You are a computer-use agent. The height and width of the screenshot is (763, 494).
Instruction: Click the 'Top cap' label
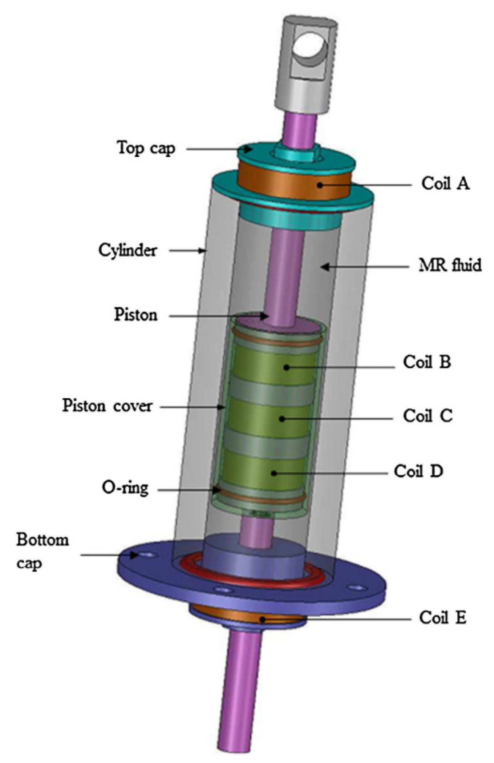(146, 148)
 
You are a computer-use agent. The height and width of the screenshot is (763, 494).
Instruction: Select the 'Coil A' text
(445, 183)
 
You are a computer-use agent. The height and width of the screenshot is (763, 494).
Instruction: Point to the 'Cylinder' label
(128, 250)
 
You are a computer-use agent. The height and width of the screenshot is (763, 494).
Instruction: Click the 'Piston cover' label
(107, 405)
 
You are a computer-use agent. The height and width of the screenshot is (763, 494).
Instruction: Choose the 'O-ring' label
(125, 488)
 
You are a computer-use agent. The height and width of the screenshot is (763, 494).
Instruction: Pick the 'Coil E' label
(442, 617)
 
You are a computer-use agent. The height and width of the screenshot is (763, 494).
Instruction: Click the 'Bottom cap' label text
(42, 551)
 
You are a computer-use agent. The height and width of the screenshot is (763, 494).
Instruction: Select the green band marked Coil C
(269, 418)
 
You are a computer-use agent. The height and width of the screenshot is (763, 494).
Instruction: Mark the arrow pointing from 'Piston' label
(218, 316)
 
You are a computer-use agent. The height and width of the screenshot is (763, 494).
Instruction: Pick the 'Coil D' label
(418, 471)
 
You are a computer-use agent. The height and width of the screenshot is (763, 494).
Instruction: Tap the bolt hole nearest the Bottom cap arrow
(147, 555)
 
